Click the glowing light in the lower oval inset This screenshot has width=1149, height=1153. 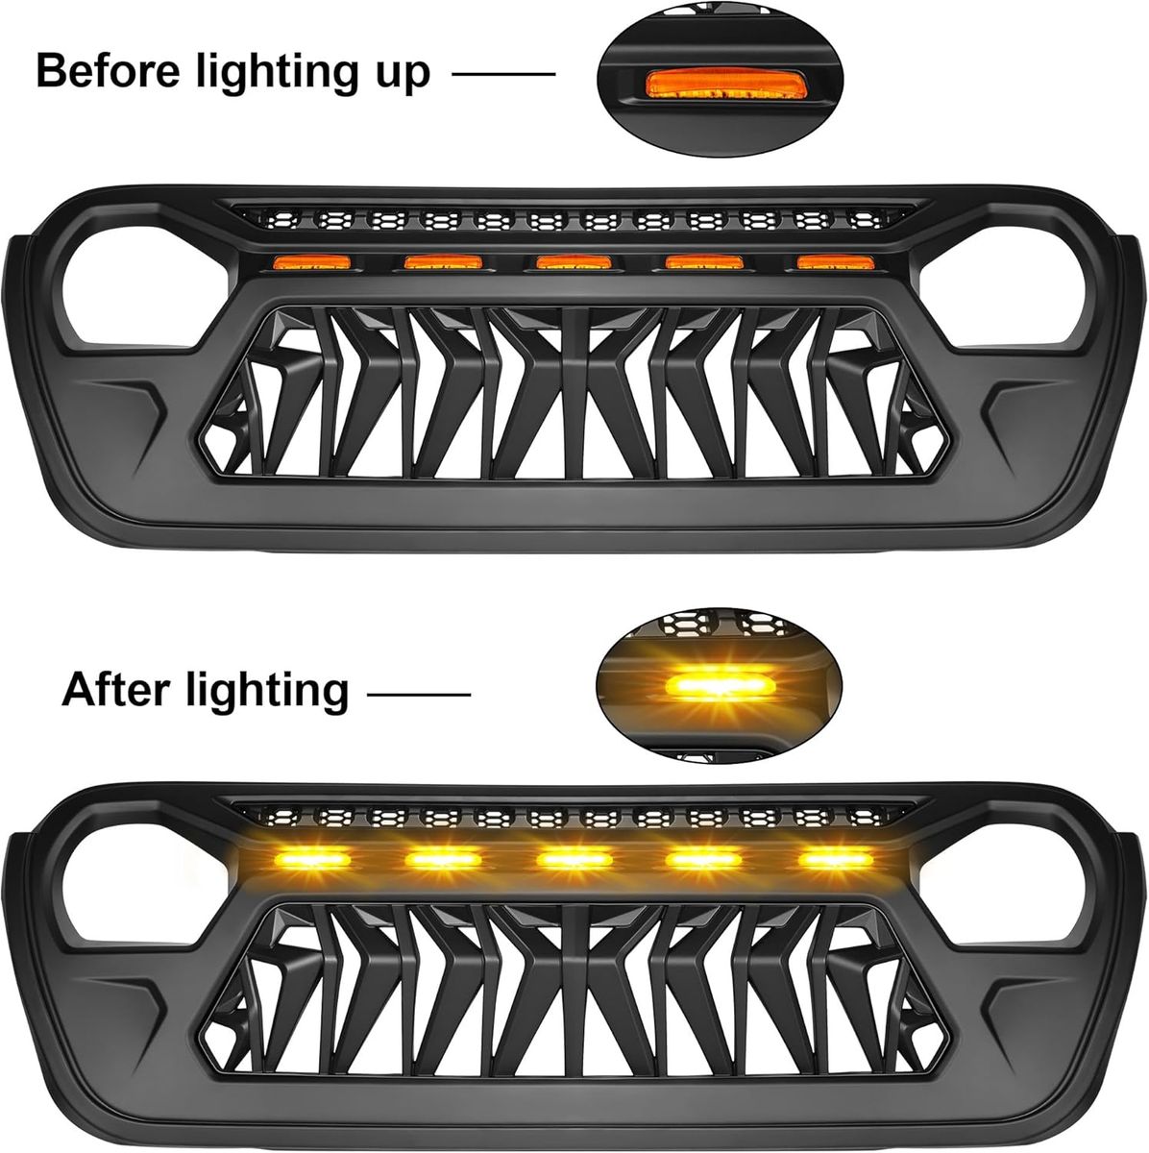click(717, 684)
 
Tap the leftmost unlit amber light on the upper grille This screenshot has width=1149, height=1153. click(311, 261)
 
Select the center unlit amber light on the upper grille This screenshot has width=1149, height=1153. click(574, 261)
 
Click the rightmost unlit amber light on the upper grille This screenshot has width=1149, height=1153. click(836, 261)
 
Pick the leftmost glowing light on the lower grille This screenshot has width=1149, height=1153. click(311, 860)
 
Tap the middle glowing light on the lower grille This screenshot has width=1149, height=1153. click(574, 860)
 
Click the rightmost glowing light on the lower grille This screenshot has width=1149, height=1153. click(836, 860)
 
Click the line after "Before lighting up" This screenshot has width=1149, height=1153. click(503, 74)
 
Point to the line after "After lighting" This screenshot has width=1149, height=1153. click(418, 694)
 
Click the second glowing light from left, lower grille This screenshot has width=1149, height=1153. click(443, 860)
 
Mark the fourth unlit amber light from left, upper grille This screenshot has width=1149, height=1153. click(704, 261)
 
